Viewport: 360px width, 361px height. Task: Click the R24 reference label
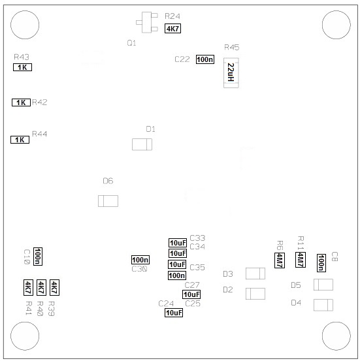172,16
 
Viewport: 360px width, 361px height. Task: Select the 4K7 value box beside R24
172,29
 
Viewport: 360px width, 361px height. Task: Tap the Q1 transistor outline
147,22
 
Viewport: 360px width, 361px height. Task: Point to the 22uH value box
231,72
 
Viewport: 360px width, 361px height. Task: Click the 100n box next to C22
205,59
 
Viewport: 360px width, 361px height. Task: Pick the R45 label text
232,47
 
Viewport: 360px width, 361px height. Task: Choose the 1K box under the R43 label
22,67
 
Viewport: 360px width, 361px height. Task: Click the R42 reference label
39,102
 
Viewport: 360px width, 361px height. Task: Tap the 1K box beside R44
20,140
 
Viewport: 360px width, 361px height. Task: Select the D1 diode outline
142,144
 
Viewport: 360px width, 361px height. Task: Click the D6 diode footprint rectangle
108,201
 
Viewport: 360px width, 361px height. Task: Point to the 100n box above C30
140,260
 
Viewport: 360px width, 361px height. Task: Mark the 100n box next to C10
38,257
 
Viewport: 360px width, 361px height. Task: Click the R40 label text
40,309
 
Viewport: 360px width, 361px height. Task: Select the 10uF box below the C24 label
174,313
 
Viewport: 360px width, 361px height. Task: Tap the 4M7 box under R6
280,260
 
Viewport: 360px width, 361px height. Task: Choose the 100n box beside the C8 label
321,263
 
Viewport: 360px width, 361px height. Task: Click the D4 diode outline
323,305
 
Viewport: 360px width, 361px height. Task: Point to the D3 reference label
228,274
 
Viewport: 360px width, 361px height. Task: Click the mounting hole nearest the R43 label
25,25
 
